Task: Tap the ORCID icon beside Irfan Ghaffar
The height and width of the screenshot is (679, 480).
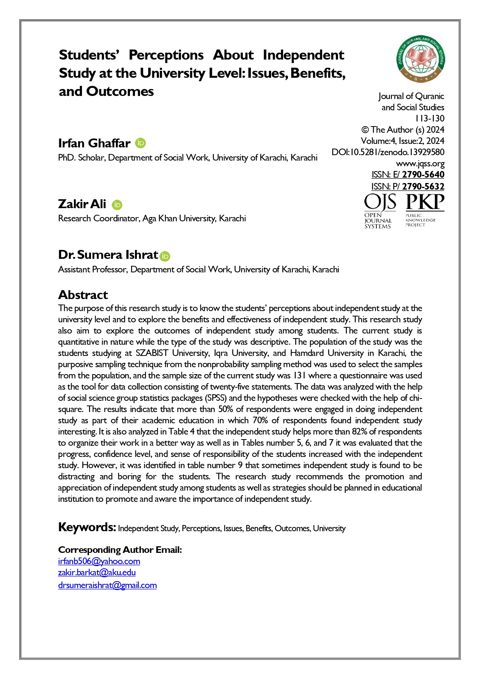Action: click(x=140, y=143)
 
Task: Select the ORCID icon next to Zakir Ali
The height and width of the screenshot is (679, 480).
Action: click(x=117, y=205)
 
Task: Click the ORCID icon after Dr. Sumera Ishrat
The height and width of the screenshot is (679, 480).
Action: click(x=165, y=256)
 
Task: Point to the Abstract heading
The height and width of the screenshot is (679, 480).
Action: click(x=83, y=295)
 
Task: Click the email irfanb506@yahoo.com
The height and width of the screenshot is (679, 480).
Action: click(x=99, y=561)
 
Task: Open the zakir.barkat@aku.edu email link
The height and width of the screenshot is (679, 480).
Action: click(x=97, y=572)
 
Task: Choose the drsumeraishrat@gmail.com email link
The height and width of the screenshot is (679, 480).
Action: click(x=107, y=585)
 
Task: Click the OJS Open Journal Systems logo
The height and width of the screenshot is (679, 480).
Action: click(x=379, y=211)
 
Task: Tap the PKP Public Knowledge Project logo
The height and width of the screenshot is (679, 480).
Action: click(x=424, y=210)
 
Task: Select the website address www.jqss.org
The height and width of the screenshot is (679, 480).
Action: click(x=420, y=163)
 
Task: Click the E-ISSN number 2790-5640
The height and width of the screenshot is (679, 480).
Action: click(x=423, y=174)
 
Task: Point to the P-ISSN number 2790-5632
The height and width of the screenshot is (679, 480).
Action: click(x=423, y=186)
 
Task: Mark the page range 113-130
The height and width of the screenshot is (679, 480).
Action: click(x=430, y=118)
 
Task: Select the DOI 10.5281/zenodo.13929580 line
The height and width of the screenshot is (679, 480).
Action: click(x=388, y=152)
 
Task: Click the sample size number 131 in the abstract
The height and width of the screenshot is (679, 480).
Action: click(x=299, y=375)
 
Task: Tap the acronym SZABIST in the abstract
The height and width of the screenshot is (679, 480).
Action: click(x=152, y=353)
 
